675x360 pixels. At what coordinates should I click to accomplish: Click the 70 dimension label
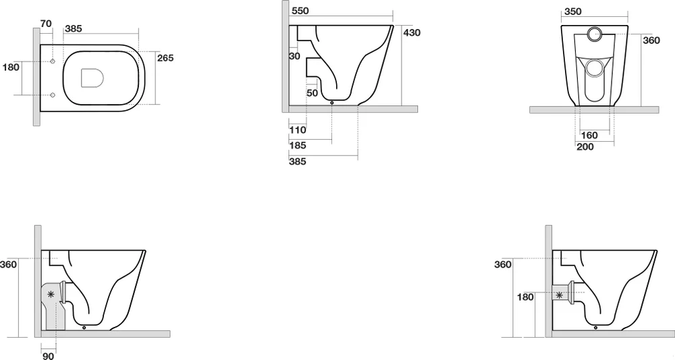(x=46, y=23)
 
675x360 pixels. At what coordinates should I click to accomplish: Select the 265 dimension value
(x=165, y=57)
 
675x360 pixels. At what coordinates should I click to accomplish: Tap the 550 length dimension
(x=300, y=11)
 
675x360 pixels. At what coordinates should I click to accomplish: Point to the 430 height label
(x=412, y=32)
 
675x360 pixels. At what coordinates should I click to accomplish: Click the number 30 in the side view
(x=294, y=56)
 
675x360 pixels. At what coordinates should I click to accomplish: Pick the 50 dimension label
(x=313, y=93)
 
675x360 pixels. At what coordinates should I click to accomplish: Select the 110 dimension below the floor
(x=298, y=130)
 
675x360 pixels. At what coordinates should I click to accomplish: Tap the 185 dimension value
(x=298, y=145)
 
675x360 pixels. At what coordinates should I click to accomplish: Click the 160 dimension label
(x=589, y=135)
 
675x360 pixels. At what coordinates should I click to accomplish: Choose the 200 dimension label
(x=585, y=147)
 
